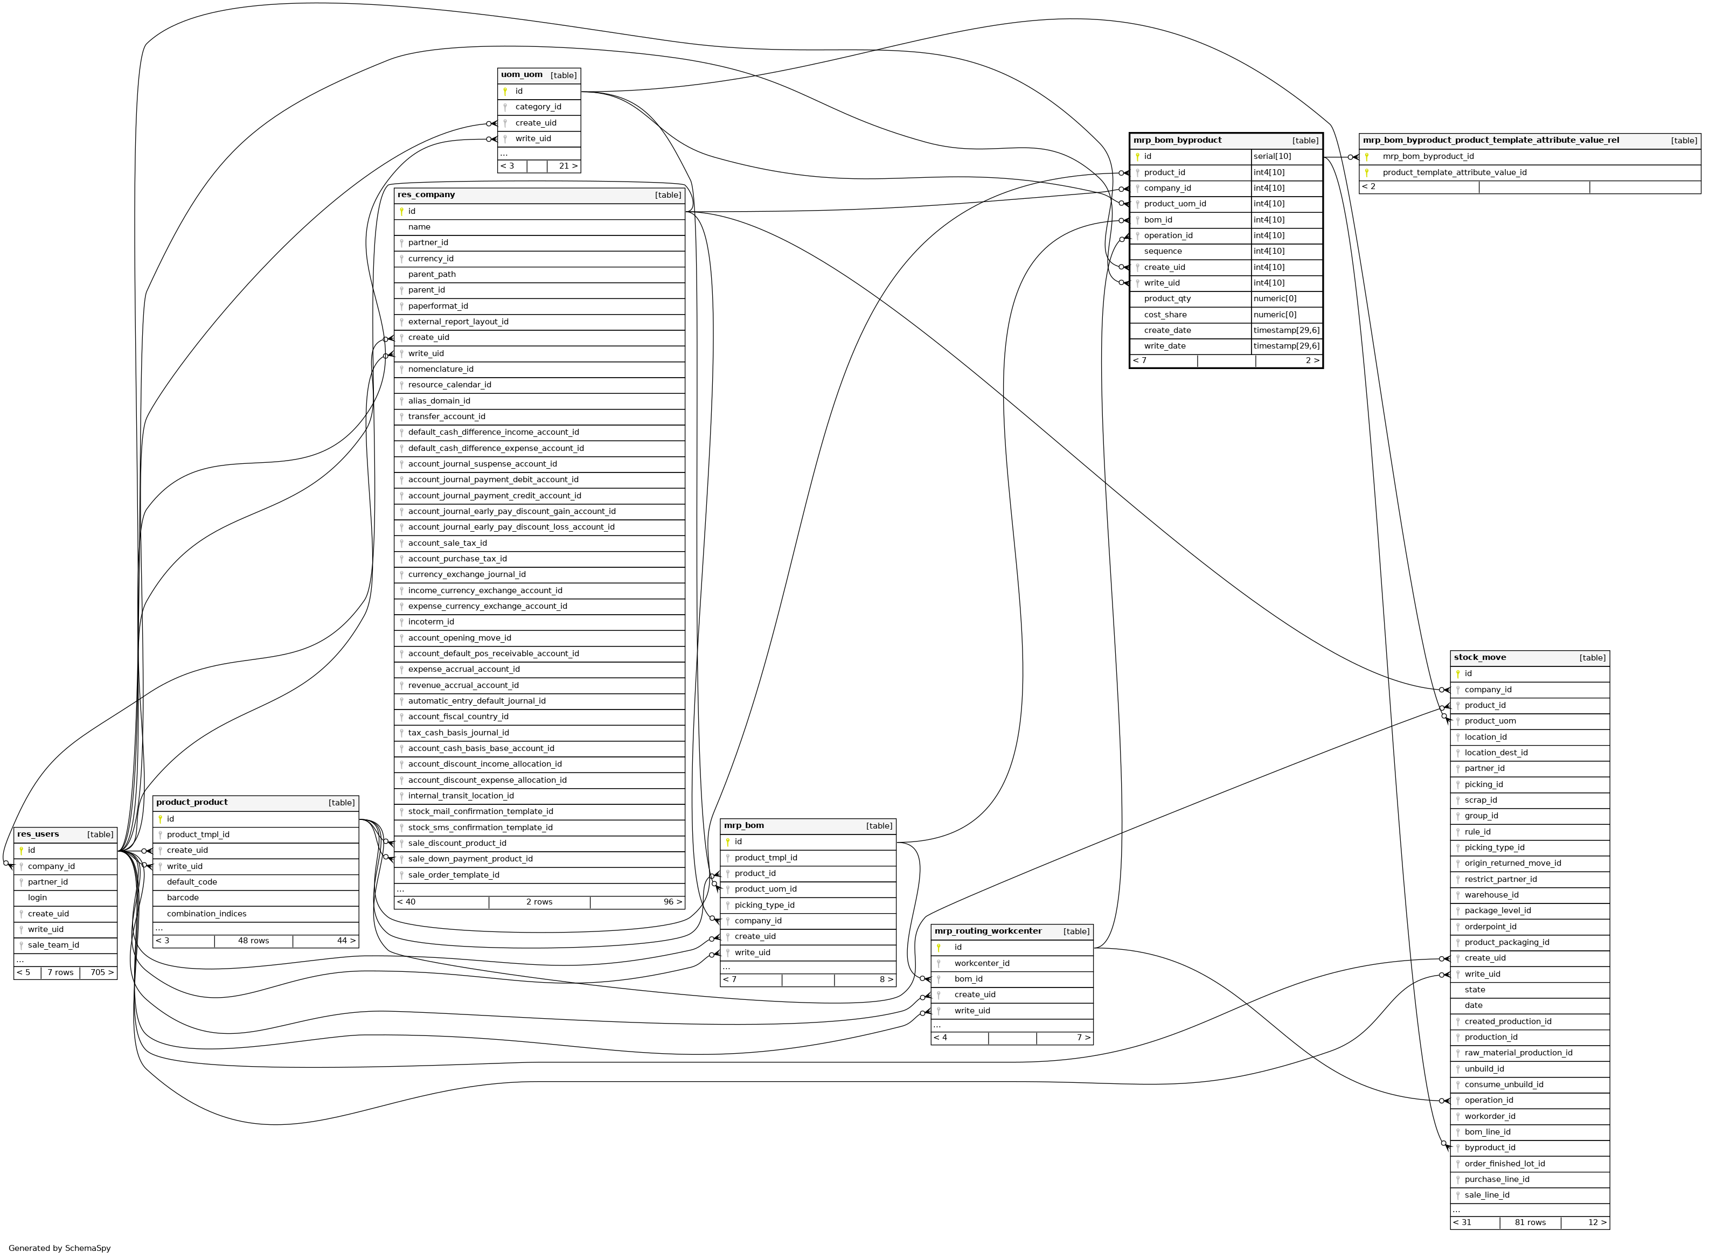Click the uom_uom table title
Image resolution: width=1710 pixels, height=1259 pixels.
point(522,75)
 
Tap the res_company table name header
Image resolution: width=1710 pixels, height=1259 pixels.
point(426,195)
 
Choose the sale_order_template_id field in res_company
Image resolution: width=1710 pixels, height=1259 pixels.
point(454,875)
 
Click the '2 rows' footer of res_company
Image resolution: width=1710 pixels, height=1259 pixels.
point(539,902)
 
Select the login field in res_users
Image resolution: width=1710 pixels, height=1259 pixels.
point(37,898)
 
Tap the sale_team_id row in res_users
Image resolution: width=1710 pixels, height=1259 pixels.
point(53,945)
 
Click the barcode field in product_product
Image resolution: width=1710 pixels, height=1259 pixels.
point(183,898)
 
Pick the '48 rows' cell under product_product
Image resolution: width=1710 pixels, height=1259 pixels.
point(253,941)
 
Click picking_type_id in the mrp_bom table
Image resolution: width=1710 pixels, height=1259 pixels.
point(764,906)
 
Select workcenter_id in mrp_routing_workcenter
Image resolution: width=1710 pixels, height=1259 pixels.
point(982,963)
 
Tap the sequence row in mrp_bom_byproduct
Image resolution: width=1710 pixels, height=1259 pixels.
point(1162,252)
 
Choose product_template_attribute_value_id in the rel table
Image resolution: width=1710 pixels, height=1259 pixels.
point(1454,173)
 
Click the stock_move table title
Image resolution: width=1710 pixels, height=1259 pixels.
point(1479,658)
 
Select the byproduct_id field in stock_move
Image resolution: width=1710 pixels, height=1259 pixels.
point(1489,1147)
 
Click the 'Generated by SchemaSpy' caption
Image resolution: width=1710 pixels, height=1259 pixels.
point(59,1248)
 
